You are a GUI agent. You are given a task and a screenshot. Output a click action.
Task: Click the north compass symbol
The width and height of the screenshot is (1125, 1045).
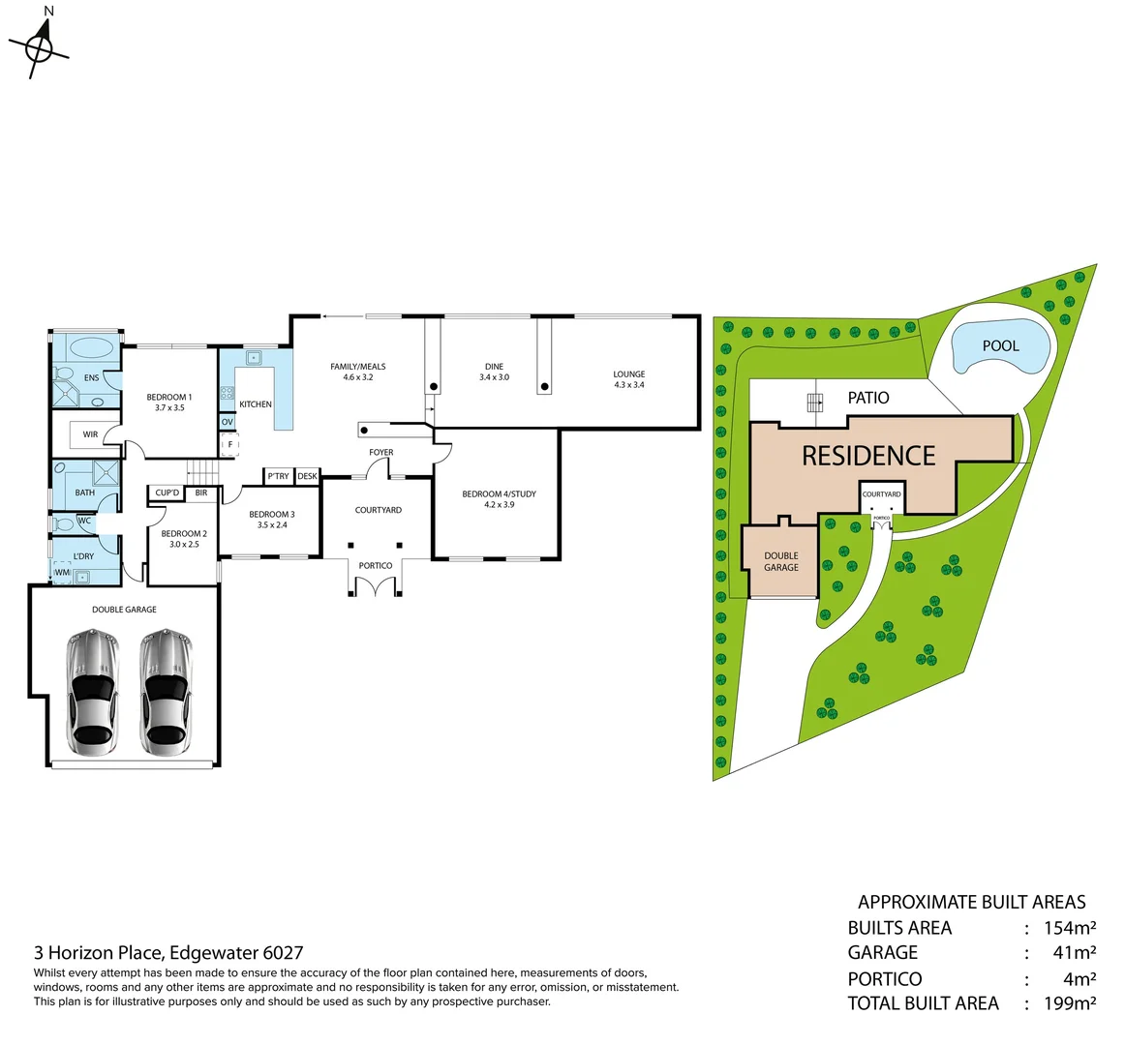[x=39, y=47]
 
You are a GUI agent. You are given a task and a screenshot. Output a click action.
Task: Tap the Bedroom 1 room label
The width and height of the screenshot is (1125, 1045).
[x=169, y=402]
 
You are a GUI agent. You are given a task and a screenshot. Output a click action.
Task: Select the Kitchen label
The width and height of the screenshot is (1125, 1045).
[x=256, y=404]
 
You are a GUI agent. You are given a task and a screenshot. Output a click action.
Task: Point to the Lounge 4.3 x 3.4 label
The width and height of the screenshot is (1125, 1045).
[x=628, y=379]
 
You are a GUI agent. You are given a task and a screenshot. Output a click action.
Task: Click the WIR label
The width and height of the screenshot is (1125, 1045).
[x=90, y=434]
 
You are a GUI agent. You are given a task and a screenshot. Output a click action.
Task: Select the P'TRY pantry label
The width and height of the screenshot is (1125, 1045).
[x=279, y=476]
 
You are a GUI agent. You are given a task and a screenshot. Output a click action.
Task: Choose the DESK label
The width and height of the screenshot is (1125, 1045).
[x=308, y=476]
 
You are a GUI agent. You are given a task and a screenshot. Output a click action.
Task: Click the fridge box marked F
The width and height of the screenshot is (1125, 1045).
[x=230, y=445]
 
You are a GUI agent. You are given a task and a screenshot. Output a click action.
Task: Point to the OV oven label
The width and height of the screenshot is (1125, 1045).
[x=228, y=422]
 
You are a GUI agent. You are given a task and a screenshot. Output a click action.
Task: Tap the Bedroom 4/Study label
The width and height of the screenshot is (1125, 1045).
[x=499, y=499]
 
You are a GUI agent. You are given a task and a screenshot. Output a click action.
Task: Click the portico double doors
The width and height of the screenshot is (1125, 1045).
[x=376, y=586]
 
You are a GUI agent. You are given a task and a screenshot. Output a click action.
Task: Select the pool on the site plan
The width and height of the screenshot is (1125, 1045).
[x=1001, y=346]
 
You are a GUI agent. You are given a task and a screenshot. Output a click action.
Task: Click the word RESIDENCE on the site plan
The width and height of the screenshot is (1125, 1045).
[x=868, y=456]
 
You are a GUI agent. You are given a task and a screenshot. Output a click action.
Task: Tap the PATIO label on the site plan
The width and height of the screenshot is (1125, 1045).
[x=868, y=398]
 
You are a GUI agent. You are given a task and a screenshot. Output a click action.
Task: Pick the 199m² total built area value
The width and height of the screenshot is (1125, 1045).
[x=1070, y=1003]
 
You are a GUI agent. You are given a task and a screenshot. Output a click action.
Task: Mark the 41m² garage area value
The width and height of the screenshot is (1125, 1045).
[x=1075, y=953]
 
